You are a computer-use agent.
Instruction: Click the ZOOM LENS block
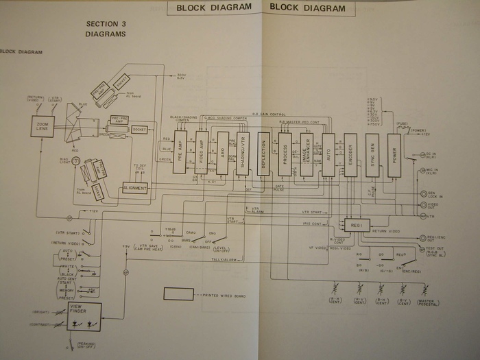tap(43, 126)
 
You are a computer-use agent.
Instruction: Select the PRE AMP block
tap(180, 151)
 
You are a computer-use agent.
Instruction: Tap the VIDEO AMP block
tap(202, 151)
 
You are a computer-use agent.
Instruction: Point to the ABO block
tap(223, 152)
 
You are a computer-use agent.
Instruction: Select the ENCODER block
tap(350, 154)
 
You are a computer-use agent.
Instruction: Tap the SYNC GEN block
tap(372, 154)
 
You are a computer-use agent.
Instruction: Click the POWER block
tap(394, 154)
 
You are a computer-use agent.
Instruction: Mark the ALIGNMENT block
tap(135, 187)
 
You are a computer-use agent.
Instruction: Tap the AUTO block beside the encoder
tap(328, 154)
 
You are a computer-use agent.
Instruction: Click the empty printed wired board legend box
tap(178, 295)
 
